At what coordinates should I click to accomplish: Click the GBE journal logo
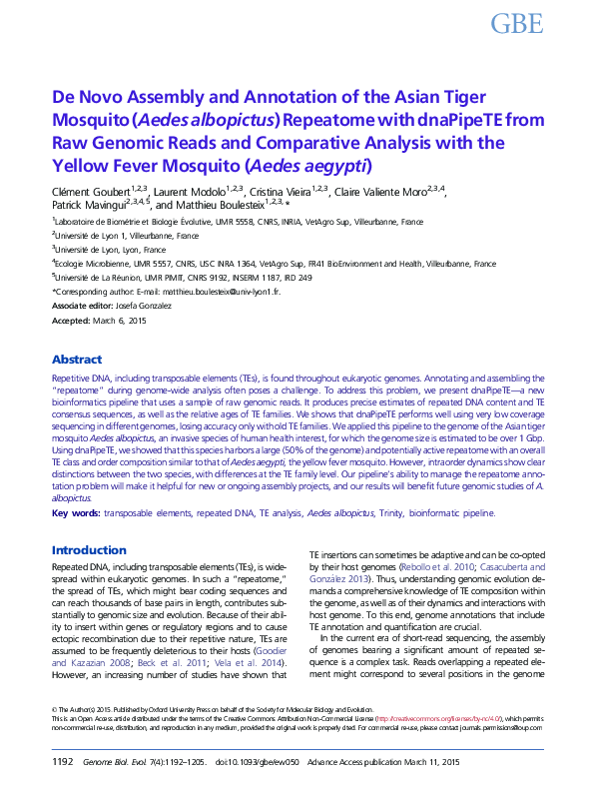(x=517, y=24)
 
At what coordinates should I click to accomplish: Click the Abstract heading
(x=76, y=360)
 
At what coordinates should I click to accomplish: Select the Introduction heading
(x=89, y=550)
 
